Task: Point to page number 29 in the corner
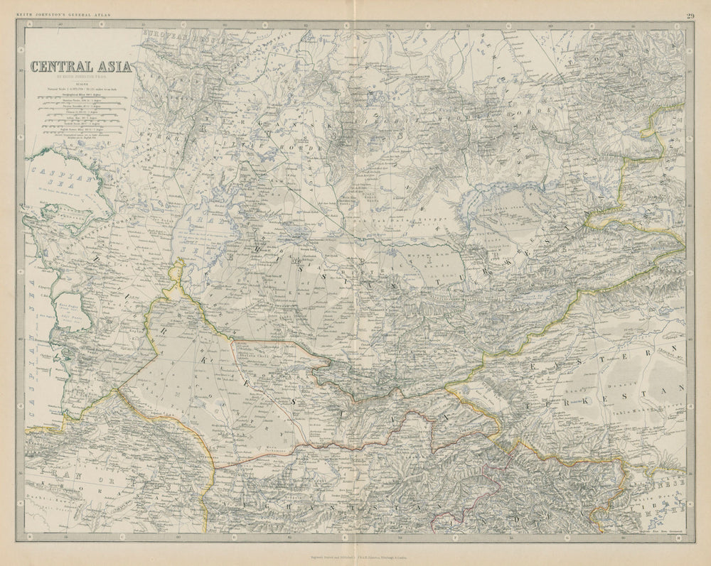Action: tap(690, 16)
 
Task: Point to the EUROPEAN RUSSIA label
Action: tap(171, 34)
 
